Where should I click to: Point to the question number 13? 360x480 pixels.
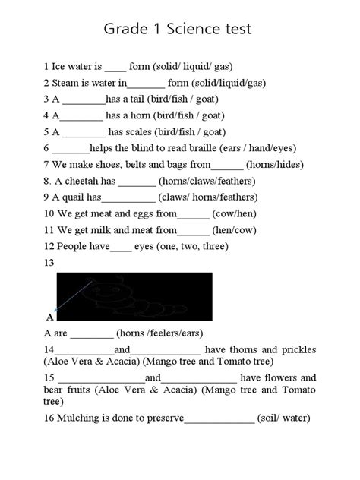49,262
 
